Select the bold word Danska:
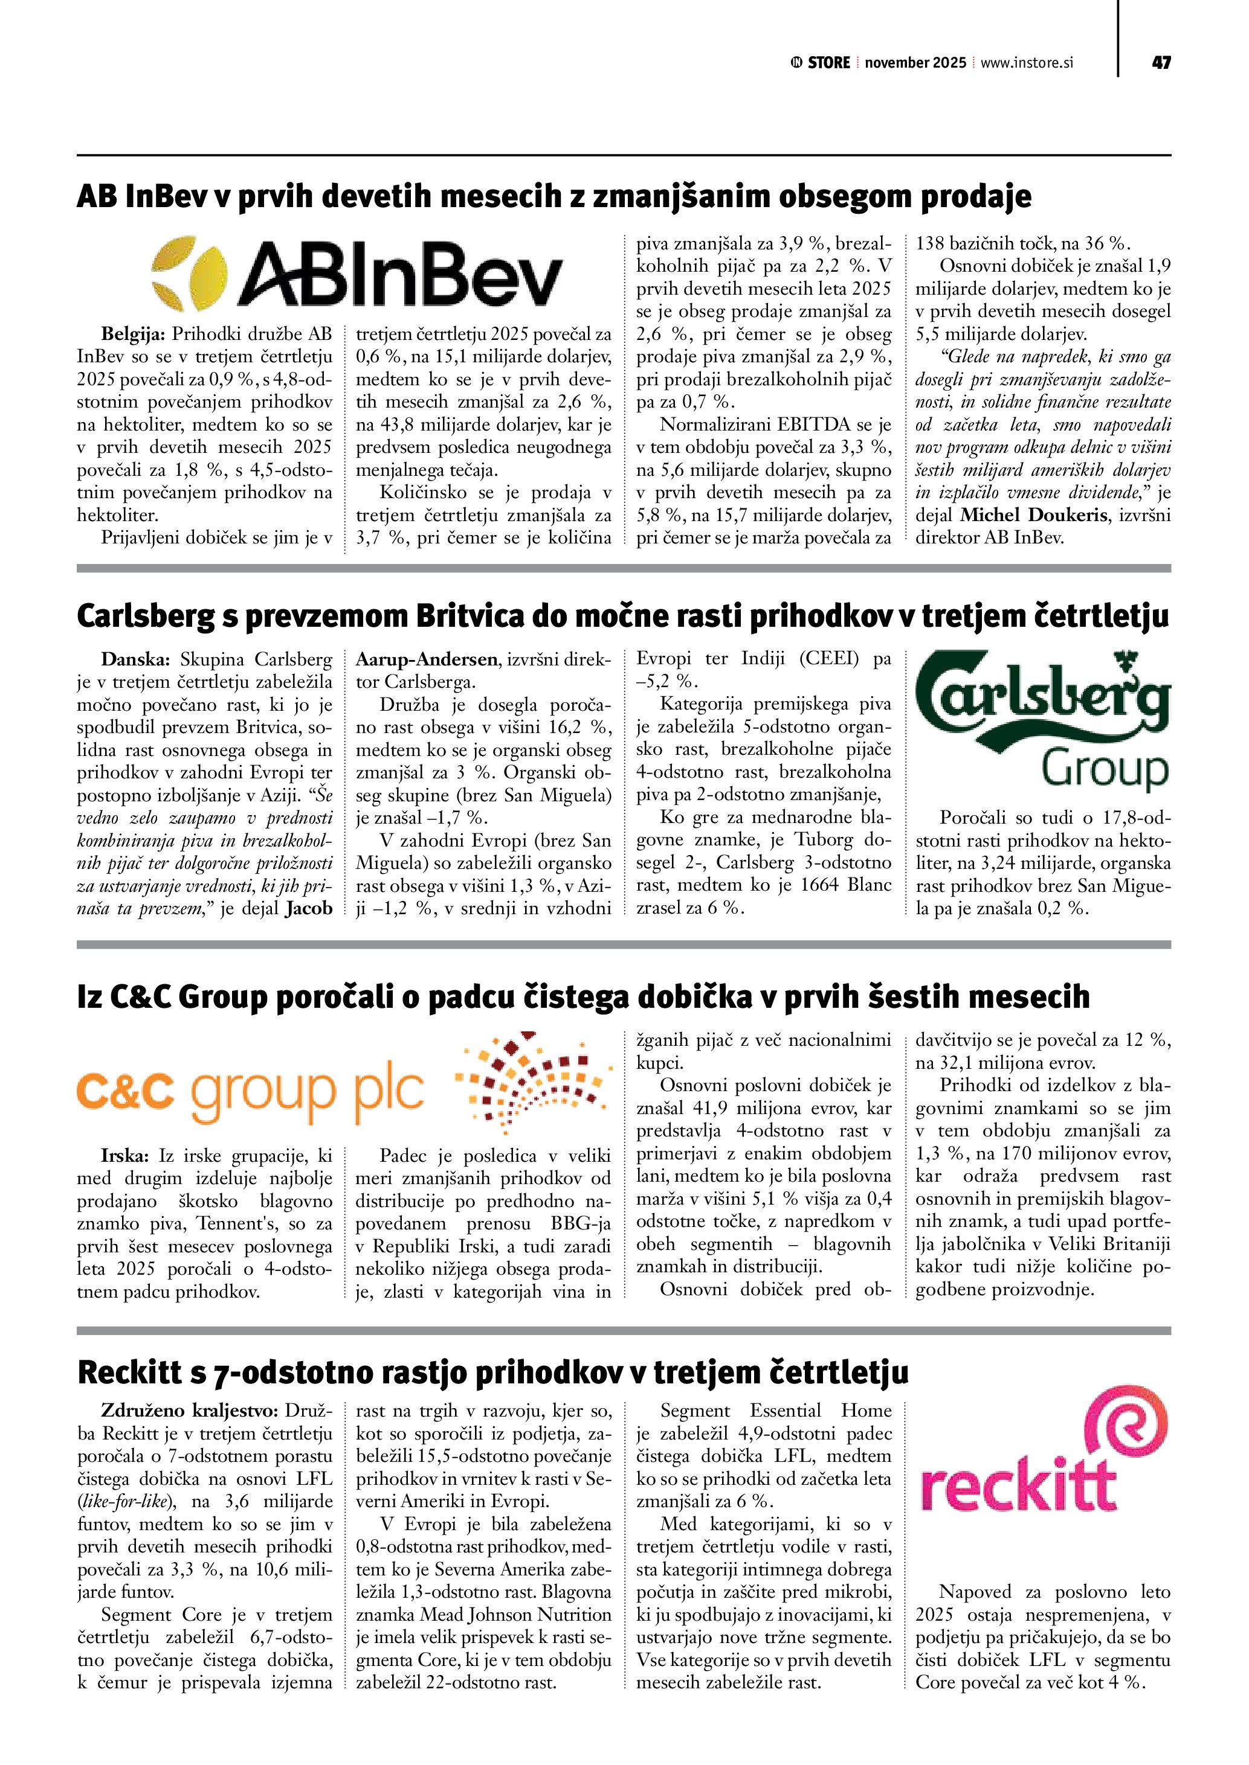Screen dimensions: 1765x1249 tap(135, 659)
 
